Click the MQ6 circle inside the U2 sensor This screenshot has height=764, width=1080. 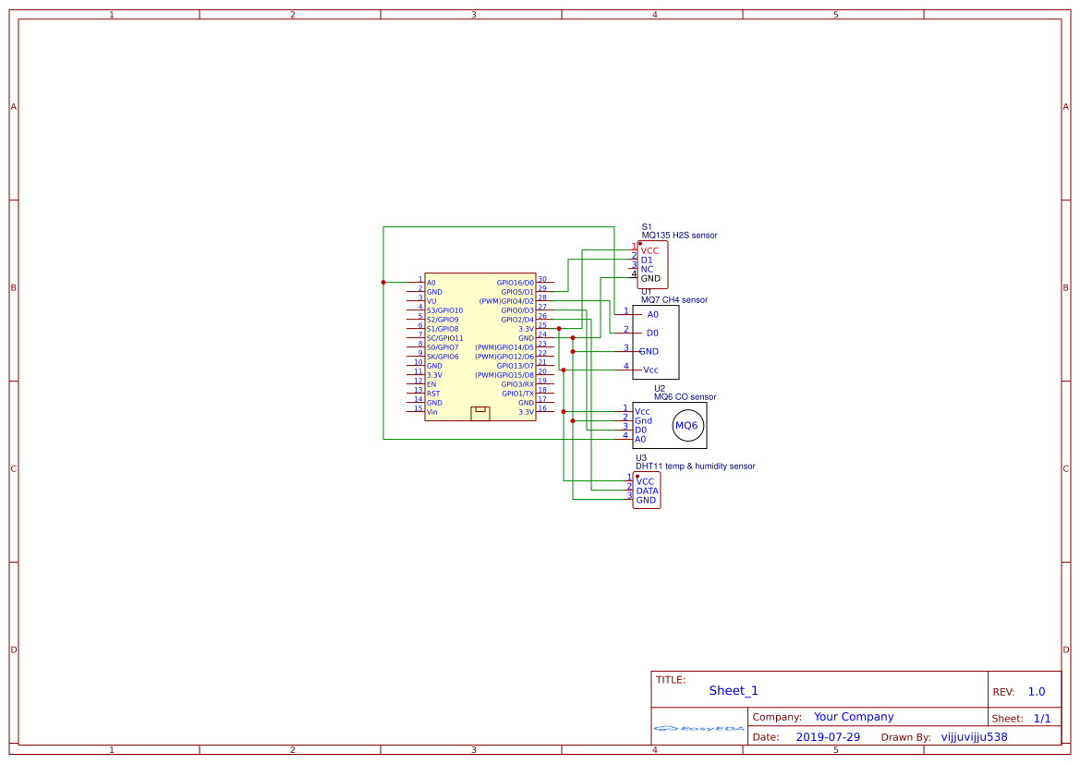point(686,426)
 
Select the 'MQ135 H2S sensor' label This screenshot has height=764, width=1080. point(679,236)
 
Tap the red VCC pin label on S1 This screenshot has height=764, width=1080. point(649,250)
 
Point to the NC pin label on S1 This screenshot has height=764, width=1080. point(647,269)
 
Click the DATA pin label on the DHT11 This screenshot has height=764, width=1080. point(647,491)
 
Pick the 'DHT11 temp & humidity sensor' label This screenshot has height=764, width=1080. point(695,467)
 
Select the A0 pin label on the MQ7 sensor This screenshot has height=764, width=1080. point(652,314)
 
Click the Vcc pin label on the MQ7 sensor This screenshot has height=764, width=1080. point(650,370)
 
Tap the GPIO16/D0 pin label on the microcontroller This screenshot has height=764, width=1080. point(515,283)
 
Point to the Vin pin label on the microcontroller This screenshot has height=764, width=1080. point(431,412)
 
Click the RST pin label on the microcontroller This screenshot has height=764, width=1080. point(432,394)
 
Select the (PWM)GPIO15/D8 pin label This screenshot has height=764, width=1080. point(504,375)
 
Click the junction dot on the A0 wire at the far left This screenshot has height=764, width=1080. point(383,282)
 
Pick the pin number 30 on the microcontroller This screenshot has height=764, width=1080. point(542,279)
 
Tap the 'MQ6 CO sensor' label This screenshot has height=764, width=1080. point(685,397)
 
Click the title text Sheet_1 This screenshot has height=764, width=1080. point(734,691)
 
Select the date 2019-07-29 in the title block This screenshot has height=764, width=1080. point(828,737)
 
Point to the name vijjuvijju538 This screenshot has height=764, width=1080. point(974,737)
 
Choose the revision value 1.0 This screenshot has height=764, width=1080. point(1036,692)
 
